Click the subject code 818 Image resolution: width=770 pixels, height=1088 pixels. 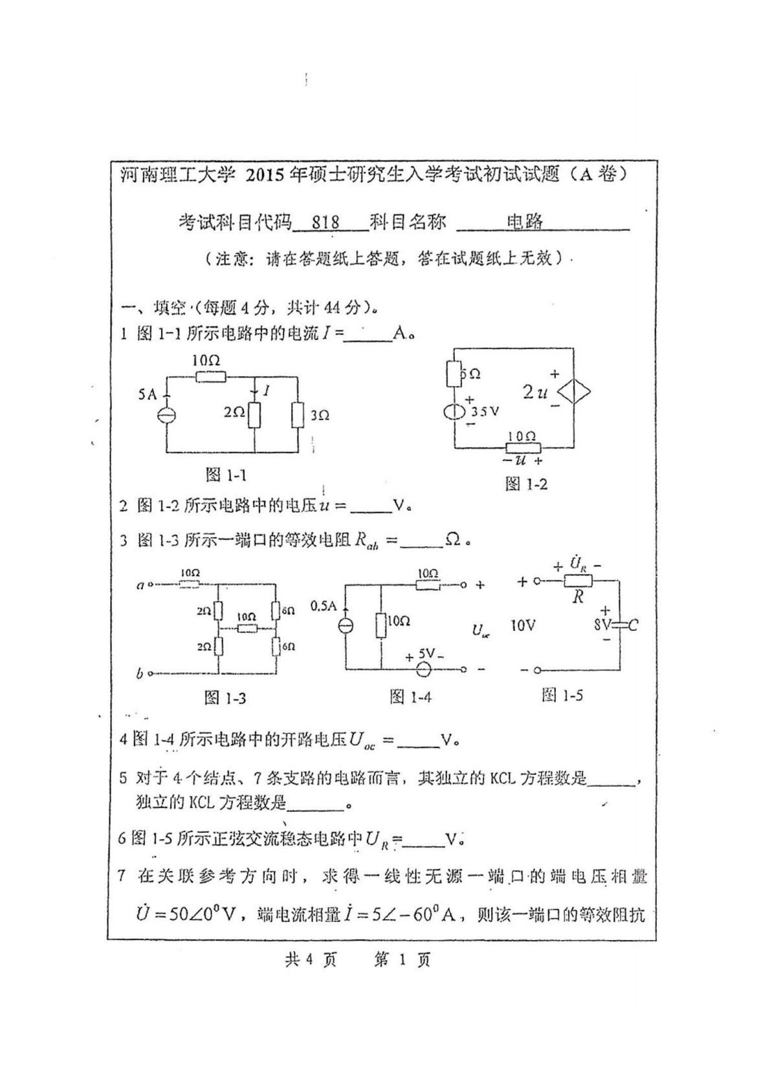325,222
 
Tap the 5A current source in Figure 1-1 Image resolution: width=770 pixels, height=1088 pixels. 166,414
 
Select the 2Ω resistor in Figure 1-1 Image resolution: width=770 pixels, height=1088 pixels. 254,414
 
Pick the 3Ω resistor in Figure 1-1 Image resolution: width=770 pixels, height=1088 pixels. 298,414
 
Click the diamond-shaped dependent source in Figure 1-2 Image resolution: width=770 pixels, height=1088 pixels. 575,392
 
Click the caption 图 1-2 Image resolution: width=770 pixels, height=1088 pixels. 526,484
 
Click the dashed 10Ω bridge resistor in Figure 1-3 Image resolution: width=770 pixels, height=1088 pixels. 246,628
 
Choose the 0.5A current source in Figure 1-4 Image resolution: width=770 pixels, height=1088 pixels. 346,626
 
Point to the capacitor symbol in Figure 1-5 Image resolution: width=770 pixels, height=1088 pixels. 619,625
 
